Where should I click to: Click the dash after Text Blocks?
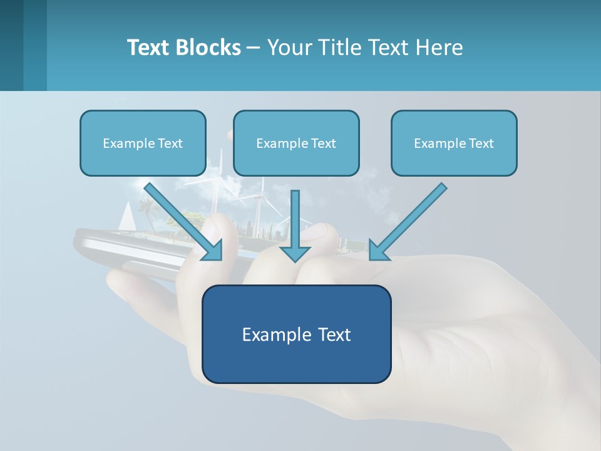[x=254, y=48]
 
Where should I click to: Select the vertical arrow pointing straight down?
[x=295, y=225]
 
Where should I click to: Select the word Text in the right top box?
[x=481, y=143]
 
